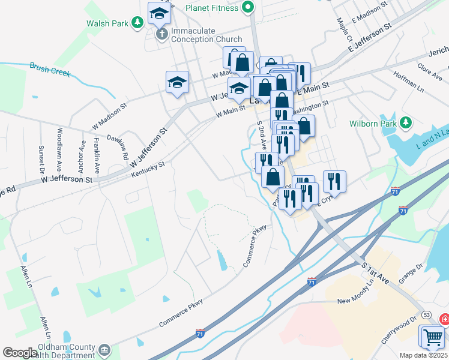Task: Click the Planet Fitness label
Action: pyautogui.click(x=212, y=8)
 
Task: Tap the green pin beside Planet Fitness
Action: pyautogui.click(x=248, y=8)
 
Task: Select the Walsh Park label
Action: pyautogui.click(x=107, y=23)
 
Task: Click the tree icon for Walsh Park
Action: pyautogui.click(x=137, y=23)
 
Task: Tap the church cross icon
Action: pyautogui.click(x=161, y=35)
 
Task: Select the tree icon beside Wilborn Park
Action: pyautogui.click(x=406, y=123)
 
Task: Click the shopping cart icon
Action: pyautogui.click(x=433, y=338)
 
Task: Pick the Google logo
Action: pyautogui.click(x=20, y=353)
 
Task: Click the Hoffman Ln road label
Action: pyautogui.click(x=409, y=85)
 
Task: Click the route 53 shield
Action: pyautogui.click(x=426, y=314)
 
